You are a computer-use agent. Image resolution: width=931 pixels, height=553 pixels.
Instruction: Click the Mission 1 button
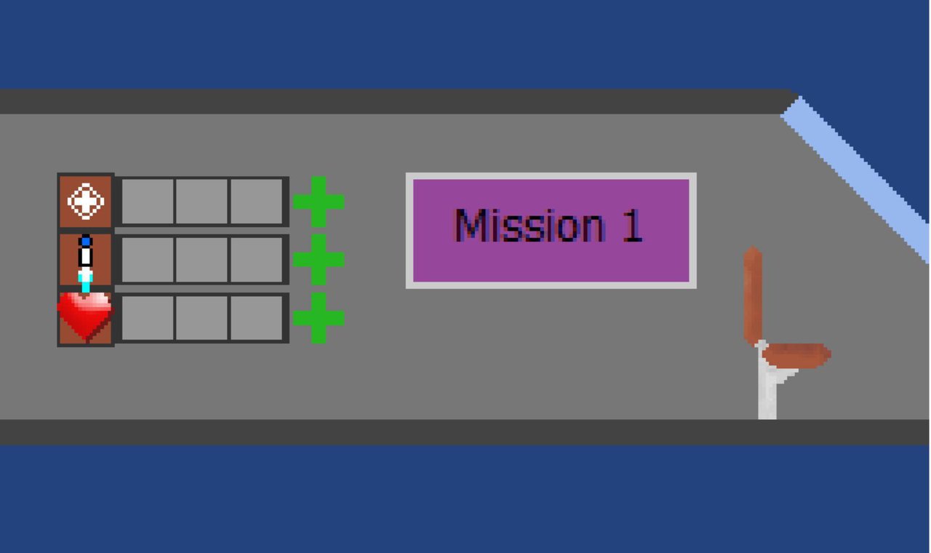[551, 231]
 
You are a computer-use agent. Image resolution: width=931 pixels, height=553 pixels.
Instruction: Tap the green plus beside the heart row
[319, 318]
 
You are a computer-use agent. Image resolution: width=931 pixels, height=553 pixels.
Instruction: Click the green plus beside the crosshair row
[319, 202]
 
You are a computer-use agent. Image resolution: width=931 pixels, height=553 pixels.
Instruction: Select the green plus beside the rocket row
[319, 260]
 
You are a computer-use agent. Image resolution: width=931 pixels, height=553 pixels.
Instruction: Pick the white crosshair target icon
[86, 202]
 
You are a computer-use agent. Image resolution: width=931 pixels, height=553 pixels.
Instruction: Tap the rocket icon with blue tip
[86, 263]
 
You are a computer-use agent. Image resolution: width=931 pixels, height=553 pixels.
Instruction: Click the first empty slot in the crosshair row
[148, 202]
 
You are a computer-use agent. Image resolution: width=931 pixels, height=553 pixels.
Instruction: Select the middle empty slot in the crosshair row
[202, 202]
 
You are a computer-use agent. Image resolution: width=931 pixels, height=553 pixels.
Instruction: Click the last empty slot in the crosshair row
[257, 202]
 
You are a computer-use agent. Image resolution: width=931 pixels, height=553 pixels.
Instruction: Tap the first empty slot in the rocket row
[148, 260]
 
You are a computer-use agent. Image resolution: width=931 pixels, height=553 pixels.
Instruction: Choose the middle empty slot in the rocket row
[202, 260]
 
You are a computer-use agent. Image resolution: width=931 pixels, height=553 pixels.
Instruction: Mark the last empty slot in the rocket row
[257, 260]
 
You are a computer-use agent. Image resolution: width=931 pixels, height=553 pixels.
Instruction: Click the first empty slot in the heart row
[148, 318]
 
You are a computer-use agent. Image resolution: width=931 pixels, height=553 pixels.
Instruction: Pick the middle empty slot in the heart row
[202, 318]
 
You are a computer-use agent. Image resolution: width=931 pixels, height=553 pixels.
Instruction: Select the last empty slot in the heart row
[257, 318]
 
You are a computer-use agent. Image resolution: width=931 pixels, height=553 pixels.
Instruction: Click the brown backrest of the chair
[753, 296]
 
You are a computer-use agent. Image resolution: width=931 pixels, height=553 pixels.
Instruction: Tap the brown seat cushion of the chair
[796, 356]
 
